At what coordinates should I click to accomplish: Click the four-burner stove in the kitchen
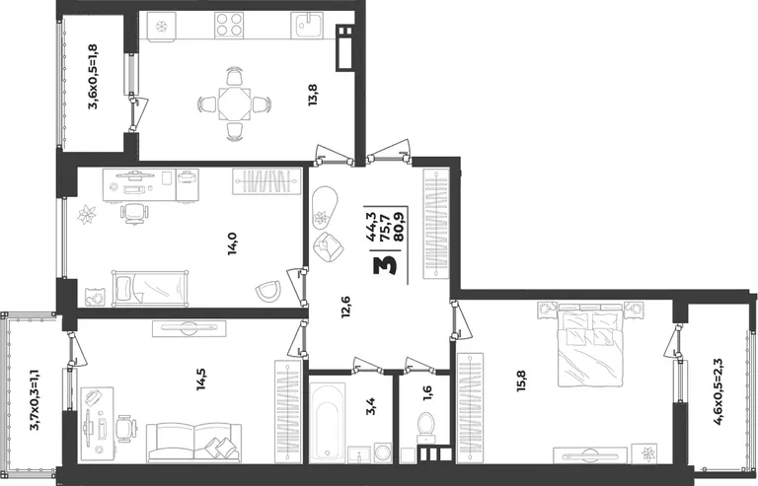[229, 25]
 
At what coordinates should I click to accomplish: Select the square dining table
[235, 104]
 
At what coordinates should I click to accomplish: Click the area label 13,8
[313, 95]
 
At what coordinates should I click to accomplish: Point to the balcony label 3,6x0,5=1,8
[93, 77]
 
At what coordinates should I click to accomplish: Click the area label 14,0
[233, 243]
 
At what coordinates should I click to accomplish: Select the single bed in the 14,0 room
[150, 288]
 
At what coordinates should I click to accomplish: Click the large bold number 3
[385, 265]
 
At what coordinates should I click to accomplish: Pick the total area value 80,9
[401, 230]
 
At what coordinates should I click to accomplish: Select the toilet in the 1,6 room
[426, 428]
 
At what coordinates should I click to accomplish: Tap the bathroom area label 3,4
[372, 406]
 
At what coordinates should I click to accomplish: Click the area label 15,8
[521, 380]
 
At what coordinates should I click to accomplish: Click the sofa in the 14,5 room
[194, 442]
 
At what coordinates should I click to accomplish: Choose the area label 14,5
[201, 379]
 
